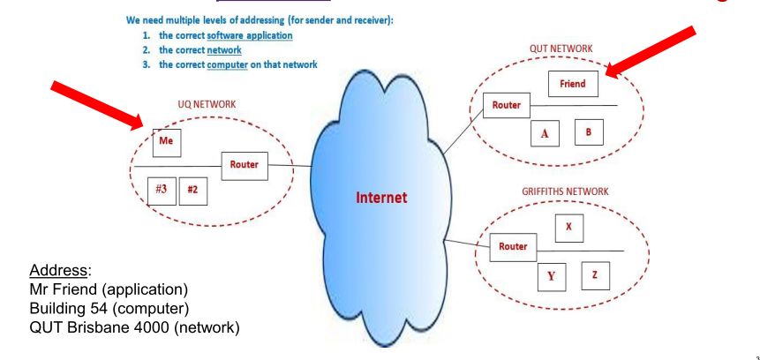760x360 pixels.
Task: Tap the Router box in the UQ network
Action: (244, 165)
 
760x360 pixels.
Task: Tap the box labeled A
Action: (545, 134)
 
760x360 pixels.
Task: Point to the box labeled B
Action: (588, 132)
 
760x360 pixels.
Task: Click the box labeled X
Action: (568, 226)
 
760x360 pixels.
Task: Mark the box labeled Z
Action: (595, 275)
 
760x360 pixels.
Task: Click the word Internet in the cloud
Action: (381, 198)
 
